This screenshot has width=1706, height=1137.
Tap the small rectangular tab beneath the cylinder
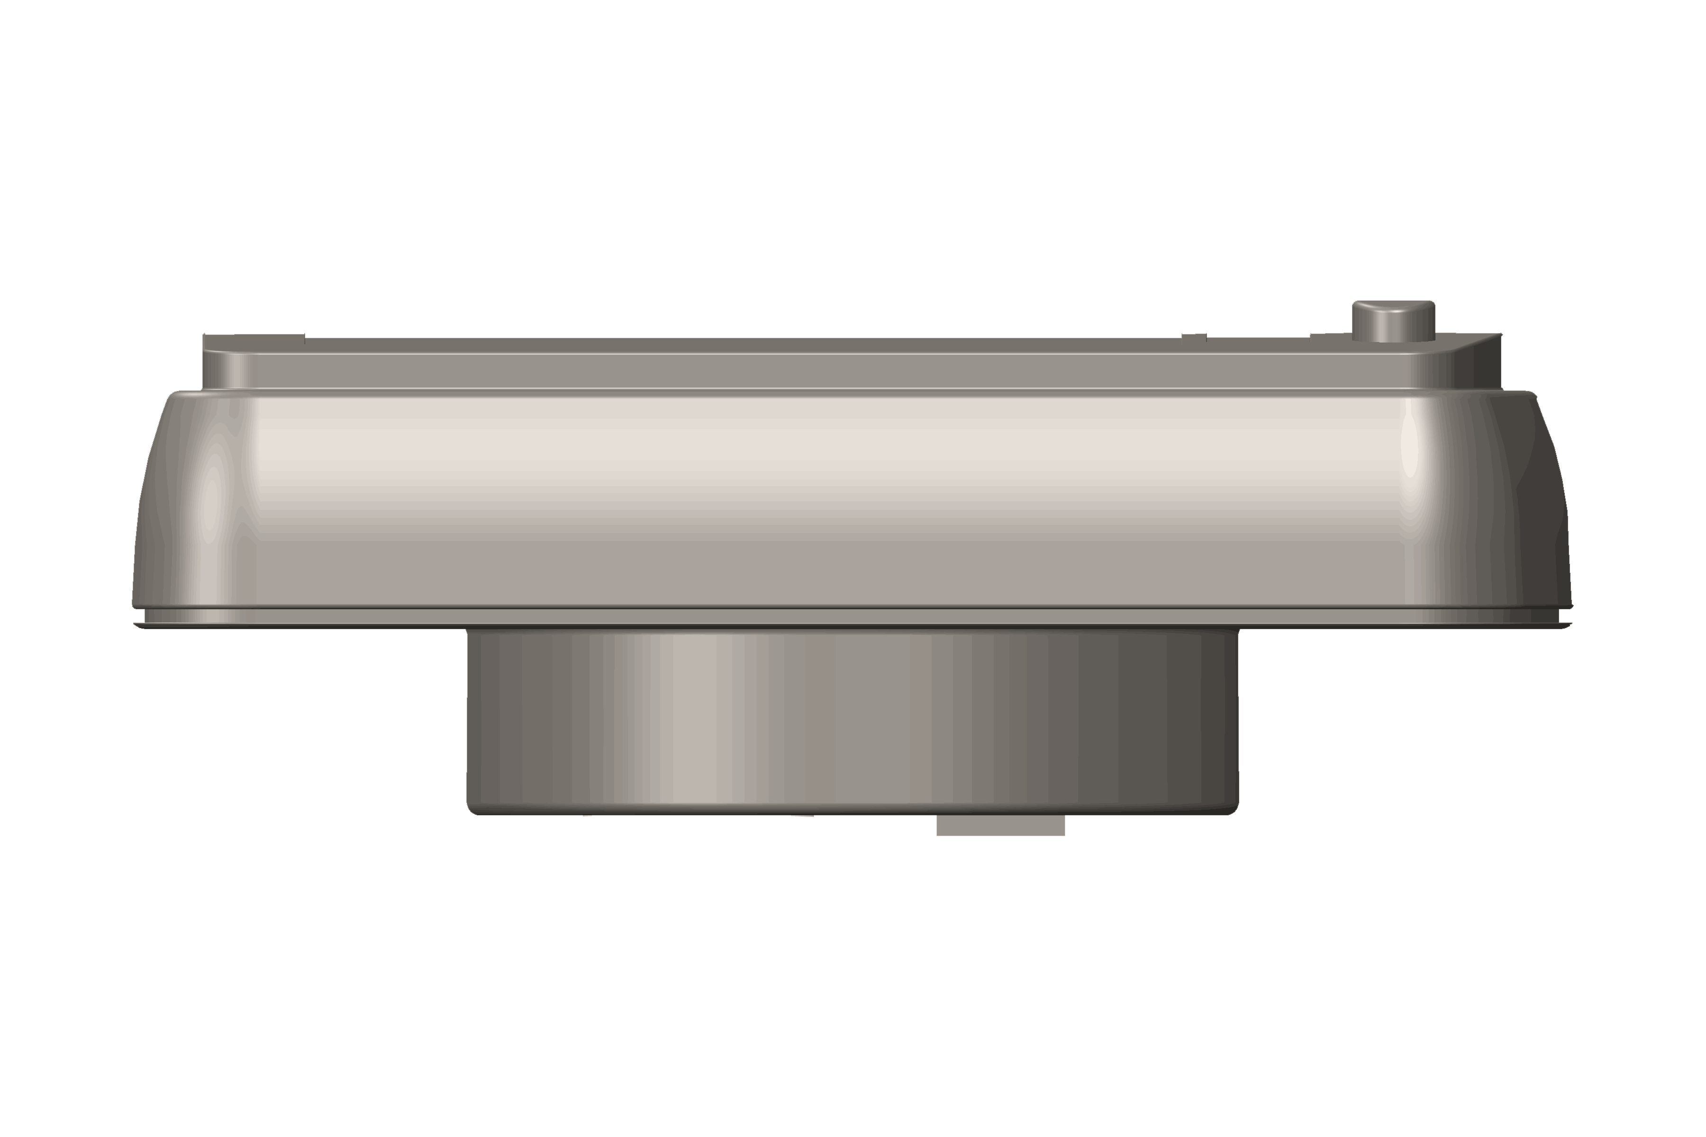(1000, 825)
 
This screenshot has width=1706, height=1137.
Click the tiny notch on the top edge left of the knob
(1194, 336)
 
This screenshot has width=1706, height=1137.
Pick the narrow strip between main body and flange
(853, 616)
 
